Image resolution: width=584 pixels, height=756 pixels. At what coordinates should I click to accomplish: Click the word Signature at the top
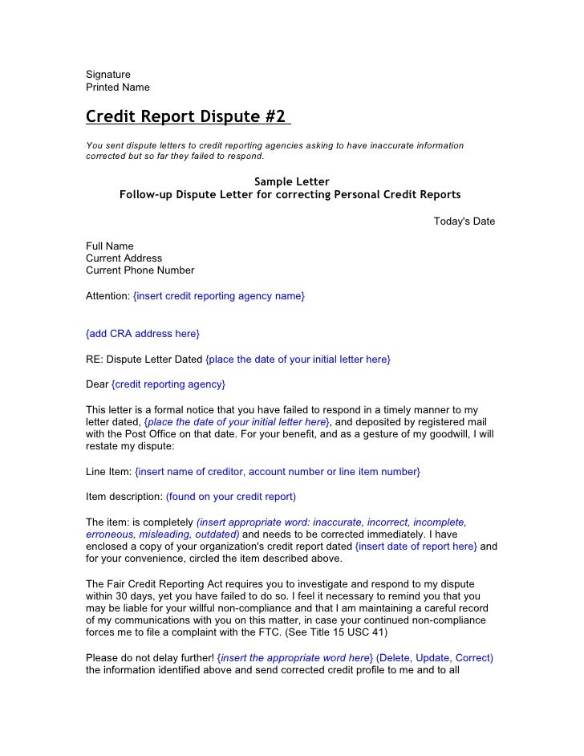coord(108,75)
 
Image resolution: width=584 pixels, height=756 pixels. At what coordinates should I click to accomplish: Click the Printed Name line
coord(118,87)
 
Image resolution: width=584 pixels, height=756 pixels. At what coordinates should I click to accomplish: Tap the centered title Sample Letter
coord(291,181)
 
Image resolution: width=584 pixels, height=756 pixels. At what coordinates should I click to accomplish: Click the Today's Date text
coord(464,222)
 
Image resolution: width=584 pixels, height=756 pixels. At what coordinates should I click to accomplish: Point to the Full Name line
coord(110,246)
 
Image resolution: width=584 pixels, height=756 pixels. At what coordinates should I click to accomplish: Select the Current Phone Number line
coord(140,270)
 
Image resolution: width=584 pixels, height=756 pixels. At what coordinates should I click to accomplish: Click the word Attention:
coord(107,296)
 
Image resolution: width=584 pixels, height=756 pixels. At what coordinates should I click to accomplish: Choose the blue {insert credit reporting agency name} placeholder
coord(218,296)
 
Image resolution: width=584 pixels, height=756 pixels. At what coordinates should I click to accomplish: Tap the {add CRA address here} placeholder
coord(143,333)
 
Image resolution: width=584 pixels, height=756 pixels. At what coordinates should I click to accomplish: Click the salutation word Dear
coord(97,384)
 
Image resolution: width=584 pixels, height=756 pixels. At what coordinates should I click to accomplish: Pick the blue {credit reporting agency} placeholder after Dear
coord(168,384)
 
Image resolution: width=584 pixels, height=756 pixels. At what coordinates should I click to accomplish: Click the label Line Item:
coord(108,471)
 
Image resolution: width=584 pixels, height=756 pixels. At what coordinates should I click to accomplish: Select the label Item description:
coord(124,497)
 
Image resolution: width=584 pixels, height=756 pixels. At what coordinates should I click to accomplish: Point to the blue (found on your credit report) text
coord(231,497)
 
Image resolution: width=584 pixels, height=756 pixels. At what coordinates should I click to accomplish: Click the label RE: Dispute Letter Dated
coord(144,359)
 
